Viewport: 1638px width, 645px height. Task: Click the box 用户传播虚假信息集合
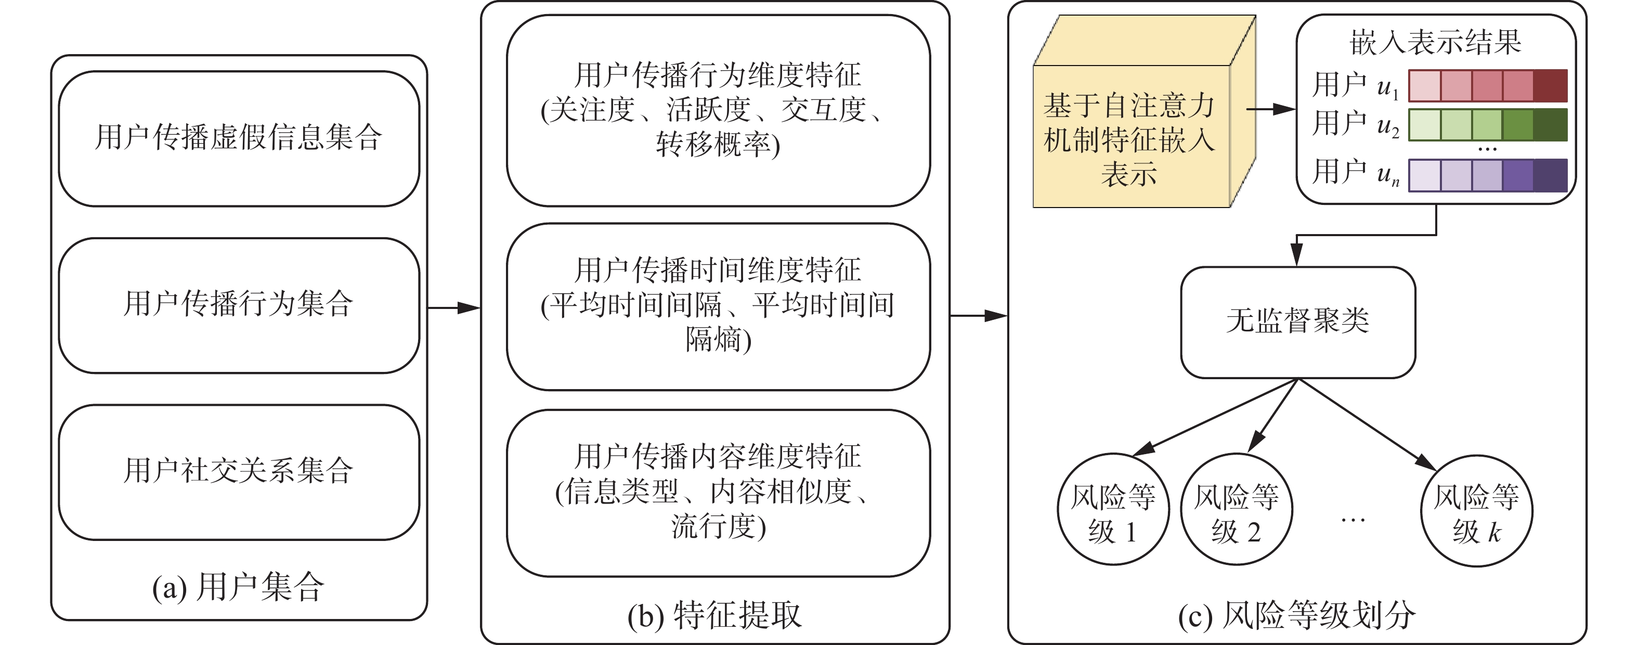pos(239,138)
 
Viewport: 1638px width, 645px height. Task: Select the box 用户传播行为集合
pos(239,305)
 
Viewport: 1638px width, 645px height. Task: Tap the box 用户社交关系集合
pos(239,471)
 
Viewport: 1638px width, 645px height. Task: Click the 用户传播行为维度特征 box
pos(718,110)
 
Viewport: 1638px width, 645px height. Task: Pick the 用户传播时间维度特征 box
pos(718,306)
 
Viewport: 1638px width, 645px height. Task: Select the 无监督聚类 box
pos(1297,322)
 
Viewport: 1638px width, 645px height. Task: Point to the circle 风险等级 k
pos(1476,511)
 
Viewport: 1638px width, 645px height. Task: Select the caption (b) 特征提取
pos(714,615)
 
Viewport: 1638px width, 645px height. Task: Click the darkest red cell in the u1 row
pos(1550,86)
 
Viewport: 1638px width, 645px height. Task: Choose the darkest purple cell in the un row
pos(1550,175)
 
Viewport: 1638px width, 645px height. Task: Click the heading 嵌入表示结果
pos(1435,42)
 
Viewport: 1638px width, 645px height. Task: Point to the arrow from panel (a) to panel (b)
pos(453,308)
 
